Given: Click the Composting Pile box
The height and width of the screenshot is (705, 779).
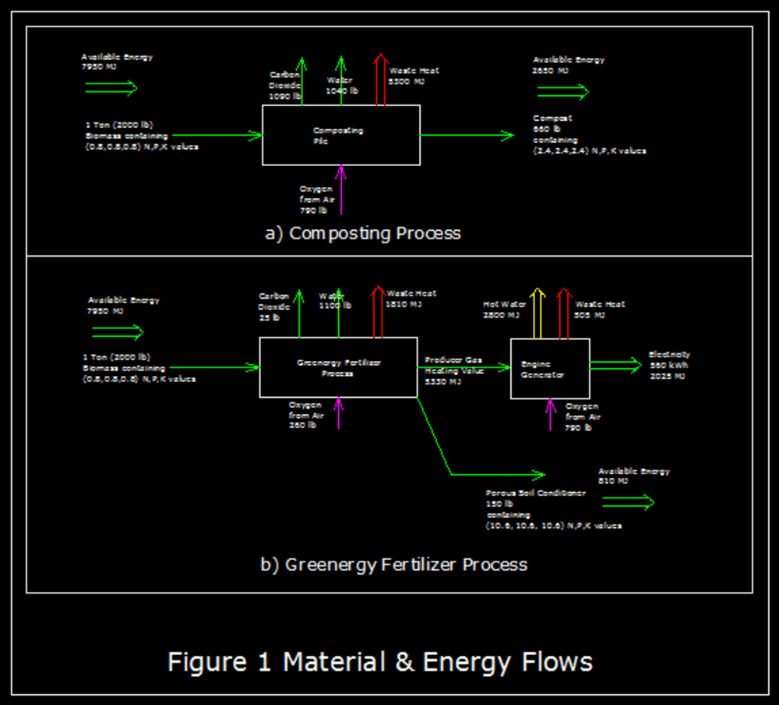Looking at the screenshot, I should pyautogui.click(x=340, y=135).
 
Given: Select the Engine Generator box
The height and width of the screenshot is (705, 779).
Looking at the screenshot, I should pyautogui.click(x=550, y=369).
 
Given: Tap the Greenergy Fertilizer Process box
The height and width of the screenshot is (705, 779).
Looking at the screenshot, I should pyautogui.click(x=338, y=367).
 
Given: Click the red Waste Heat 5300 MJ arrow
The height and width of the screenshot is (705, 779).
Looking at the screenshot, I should pyautogui.click(x=380, y=79).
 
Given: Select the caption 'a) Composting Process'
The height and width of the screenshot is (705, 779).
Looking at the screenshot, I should pyautogui.click(x=362, y=233).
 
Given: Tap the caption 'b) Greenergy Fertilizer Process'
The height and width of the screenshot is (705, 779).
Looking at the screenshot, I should pyautogui.click(x=393, y=565).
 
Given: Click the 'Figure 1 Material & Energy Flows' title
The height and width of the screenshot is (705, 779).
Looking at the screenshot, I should pyautogui.click(x=380, y=662).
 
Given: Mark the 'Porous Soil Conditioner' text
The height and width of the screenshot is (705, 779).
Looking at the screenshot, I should pyautogui.click(x=535, y=494).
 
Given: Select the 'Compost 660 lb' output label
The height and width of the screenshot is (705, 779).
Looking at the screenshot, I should pyautogui.click(x=552, y=123).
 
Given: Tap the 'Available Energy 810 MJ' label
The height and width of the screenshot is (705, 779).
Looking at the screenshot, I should pyautogui.click(x=633, y=476).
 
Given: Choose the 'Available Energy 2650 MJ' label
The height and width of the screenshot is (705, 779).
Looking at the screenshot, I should pyautogui.click(x=569, y=65).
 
